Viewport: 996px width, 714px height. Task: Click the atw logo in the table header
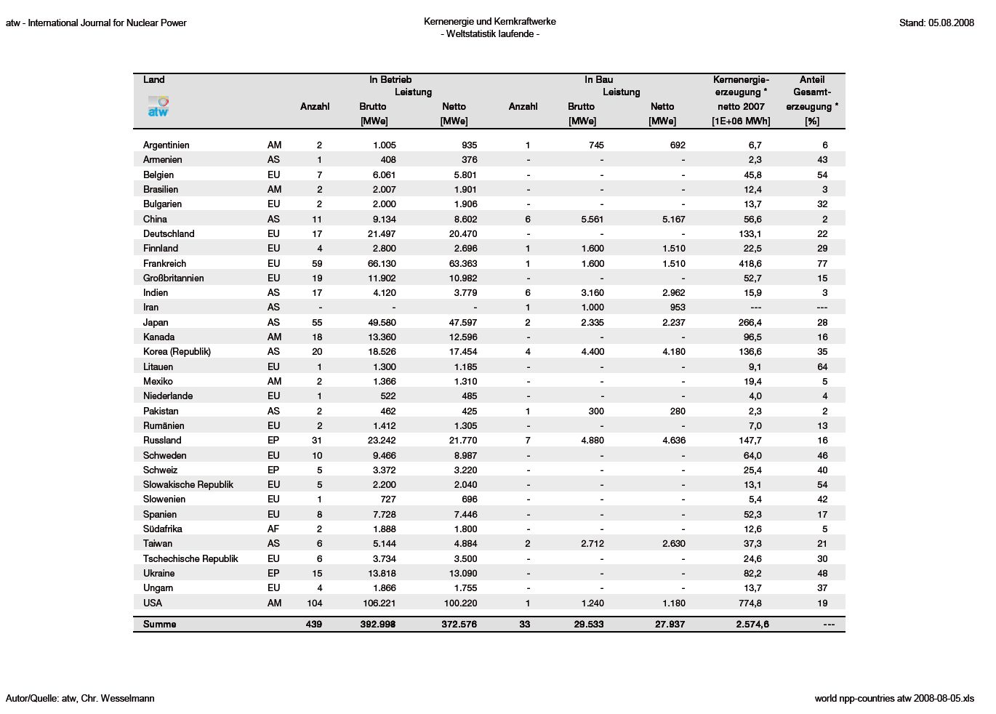(x=158, y=106)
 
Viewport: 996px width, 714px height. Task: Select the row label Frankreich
(x=164, y=263)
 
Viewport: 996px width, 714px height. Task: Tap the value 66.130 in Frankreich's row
(x=382, y=263)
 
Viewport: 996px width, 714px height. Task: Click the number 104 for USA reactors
(x=314, y=603)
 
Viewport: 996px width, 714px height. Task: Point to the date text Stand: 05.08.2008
(x=936, y=23)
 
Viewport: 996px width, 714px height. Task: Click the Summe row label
(x=159, y=624)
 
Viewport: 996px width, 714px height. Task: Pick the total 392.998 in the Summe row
(x=377, y=624)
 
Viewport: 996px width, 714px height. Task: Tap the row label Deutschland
(x=169, y=233)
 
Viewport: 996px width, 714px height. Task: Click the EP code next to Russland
(x=273, y=440)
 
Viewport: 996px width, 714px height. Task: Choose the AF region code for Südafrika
(x=273, y=529)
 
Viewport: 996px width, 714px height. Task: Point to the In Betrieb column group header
(x=390, y=79)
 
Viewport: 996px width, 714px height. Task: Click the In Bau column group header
(x=598, y=79)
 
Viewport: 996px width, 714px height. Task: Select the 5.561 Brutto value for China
(x=592, y=219)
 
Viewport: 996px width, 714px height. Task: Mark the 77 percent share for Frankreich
(x=822, y=263)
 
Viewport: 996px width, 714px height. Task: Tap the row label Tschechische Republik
(x=190, y=558)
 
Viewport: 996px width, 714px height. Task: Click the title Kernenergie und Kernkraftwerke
(x=490, y=22)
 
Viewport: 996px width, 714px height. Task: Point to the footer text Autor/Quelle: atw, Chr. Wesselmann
(x=80, y=698)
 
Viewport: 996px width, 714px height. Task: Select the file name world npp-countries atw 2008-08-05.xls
(x=894, y=698)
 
